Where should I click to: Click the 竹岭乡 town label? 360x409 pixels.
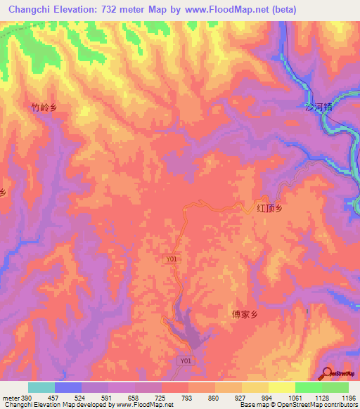tap(44, 108)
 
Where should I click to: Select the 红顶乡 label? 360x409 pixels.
tap(269, 209)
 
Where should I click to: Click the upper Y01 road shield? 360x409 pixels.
tap(172, 259)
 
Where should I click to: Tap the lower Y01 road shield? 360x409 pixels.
tap(185, 361)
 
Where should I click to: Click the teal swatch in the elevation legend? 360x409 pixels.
tap(41, 387)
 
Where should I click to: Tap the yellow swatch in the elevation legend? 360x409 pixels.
tap(255, 387)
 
